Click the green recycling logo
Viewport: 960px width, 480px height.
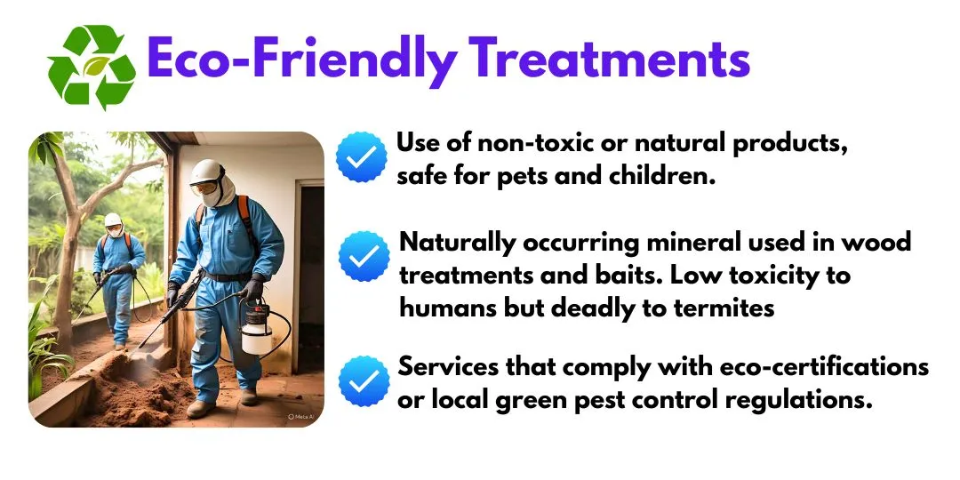[92, 67]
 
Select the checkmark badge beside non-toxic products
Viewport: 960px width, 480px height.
[361, 156]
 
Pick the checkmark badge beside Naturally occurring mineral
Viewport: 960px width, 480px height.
[364, 256]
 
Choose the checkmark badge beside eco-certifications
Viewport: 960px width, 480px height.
[364, 381]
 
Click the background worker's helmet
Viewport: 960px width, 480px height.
[113, 220]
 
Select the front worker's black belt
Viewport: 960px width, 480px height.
[228, 276]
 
